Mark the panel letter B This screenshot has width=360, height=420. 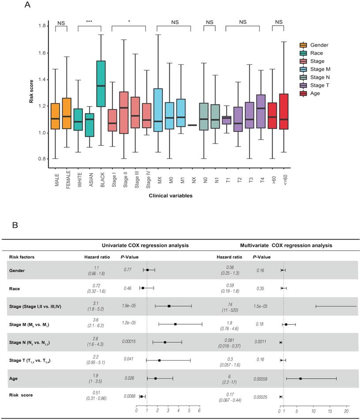pyautogui.click(x=15, y=225)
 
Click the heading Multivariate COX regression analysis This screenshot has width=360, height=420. pyautogui.click(x=286, y=245)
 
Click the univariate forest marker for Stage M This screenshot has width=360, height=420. pyautogui.click(x=176, y=324)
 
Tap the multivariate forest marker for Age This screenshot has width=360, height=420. pyautogui.click(x=300, y=379)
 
